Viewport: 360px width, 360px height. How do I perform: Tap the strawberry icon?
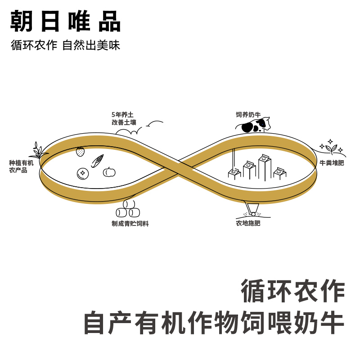(x=80, y=152)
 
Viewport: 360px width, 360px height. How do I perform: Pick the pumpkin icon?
(x=109, y=172)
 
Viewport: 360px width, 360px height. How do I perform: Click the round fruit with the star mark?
(x=83, y=173)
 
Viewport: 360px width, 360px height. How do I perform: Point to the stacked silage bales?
(x=128, y=209)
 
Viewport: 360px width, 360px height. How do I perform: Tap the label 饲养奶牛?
(x=248, y=115)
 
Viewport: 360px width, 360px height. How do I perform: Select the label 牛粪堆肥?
(x=332, y=163)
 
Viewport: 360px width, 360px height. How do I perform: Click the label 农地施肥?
(x=248, y=223)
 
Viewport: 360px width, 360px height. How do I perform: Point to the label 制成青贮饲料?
(x=130, y=223)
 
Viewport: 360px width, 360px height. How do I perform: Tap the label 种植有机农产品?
(x=21, y=166)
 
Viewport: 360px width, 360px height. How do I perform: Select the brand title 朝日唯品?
(x=66, y=21)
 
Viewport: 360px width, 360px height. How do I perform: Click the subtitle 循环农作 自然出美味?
(x=66, y=45)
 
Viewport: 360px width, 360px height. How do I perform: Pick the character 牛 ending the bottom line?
(x=333, y=323)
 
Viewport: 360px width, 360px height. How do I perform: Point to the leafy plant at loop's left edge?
(x=38, y=150)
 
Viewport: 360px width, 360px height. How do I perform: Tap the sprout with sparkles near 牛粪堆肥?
(x=331, y=148)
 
